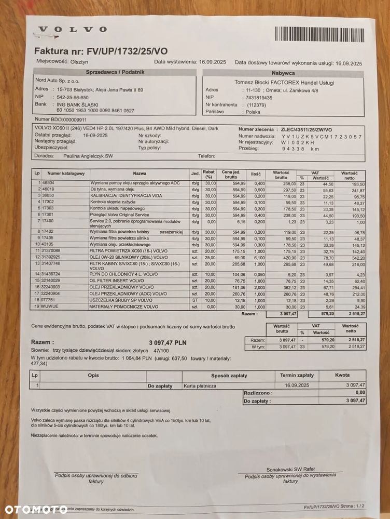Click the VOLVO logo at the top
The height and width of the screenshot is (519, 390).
[x=73, y=30]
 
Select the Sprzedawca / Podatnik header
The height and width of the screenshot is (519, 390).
[x=115, y=72]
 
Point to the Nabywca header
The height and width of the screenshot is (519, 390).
[x=283, y=73]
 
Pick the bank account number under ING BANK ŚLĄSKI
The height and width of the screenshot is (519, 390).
[x=95, y=111]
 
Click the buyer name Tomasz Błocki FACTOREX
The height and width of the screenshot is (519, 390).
[x=284, y=82]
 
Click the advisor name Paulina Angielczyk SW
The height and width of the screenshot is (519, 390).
[x=88, y=155]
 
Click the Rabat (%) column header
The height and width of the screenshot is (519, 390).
[x=209, y=174]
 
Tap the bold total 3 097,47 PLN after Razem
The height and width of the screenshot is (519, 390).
[x=168, y=342]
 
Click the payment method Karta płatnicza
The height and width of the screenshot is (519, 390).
[x=200, y=386]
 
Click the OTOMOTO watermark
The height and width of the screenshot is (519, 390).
[x=36, y=508]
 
